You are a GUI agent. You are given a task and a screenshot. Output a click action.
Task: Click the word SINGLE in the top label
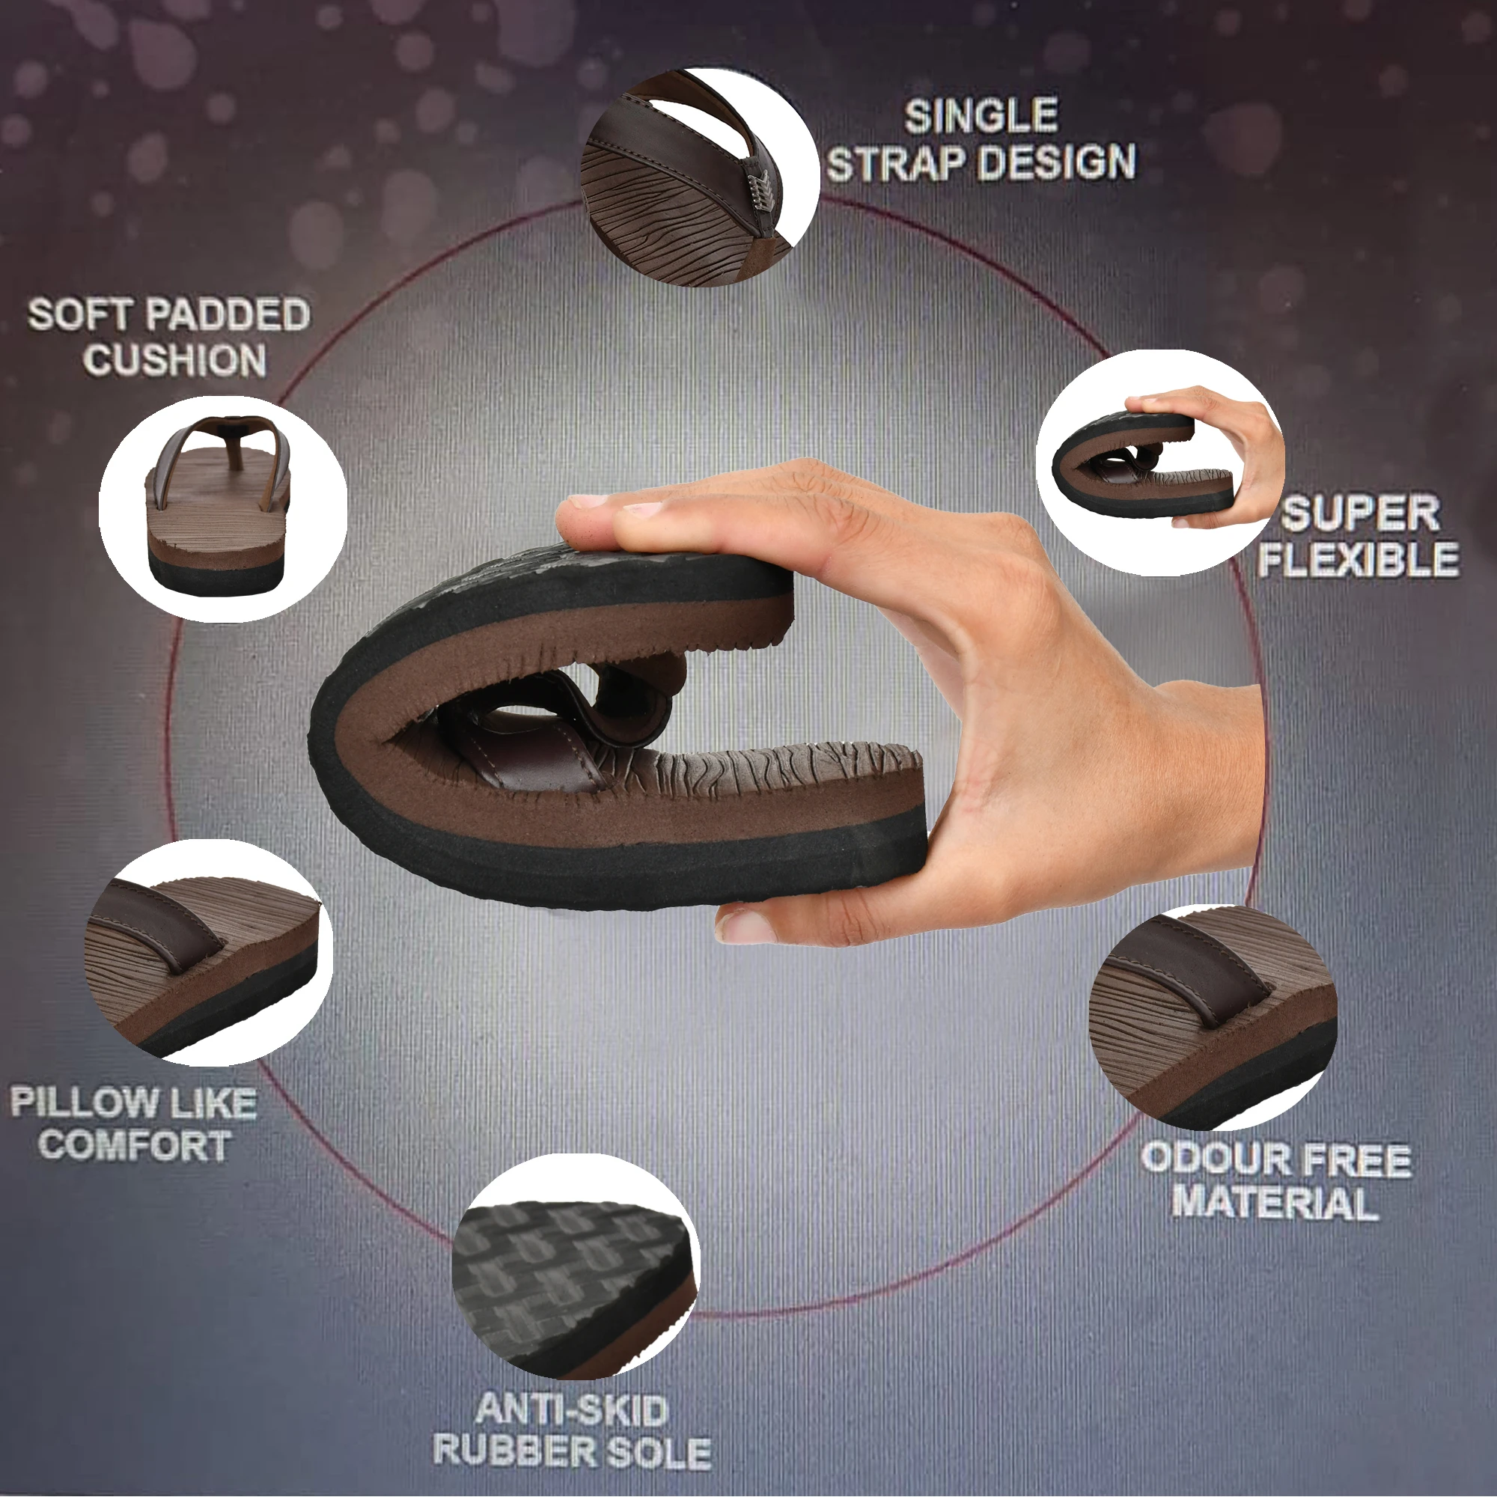pyautogui.click(x=981, y=116)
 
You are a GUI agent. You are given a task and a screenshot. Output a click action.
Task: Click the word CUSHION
pyautogui.click(x=175, y=360)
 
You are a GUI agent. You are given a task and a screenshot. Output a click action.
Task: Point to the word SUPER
pyautogui.click(x=1361, y=514)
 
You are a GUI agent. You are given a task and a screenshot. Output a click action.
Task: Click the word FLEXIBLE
pyautogui.click(x=1359, y=559)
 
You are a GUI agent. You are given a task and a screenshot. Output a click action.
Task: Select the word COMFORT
pyautogui.click(x=135, y=1145)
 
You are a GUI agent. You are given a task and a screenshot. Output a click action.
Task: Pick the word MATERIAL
pyautogui.click(x=1275, y=1204)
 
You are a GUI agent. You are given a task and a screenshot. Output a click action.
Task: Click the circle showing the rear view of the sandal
pyautogui.click(x=223, y=508)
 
